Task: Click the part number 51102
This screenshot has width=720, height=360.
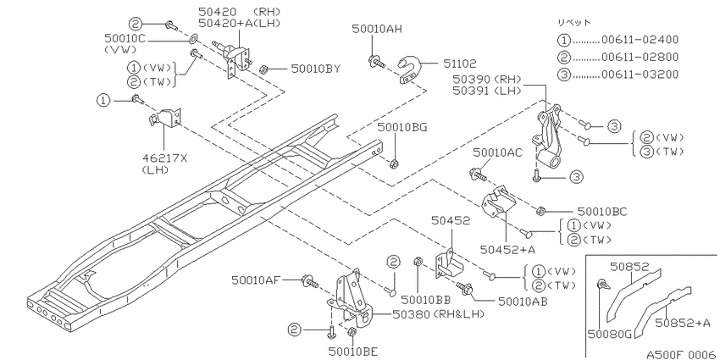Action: click(x=460, y=64)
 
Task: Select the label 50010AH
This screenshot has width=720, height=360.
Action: click(x=377, y=29)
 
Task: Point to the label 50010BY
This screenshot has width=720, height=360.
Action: click(x=315, y=69)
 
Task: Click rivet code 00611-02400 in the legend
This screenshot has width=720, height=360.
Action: click(x=640, y=40)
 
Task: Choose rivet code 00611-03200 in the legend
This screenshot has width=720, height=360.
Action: click(x=640, y=74)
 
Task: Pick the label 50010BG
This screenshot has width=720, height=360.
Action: click(x=402, y=127)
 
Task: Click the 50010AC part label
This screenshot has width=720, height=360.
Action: click(x=497, y=153)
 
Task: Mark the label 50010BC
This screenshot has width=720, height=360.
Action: click(x=602, y=211)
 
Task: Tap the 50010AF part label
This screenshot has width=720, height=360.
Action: click(x=256, y=279)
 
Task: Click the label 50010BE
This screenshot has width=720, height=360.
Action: click(x=353, y=352)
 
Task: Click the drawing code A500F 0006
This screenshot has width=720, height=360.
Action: click(x=680, y=354)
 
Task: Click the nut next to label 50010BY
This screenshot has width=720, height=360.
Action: click(x=263, y=69)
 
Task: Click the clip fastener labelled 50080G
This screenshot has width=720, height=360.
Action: click(x=604, y=285)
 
